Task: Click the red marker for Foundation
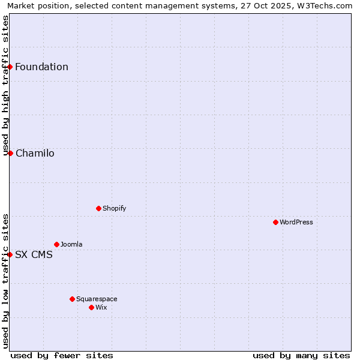pyautogui.click(x=10, y=67)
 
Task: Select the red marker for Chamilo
pyautogui.click(x=10, y=153)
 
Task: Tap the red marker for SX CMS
pyautogui.click(x=10, y=254)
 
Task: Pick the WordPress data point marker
pyautogui.click(x=275, y=222)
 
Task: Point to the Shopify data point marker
pyautogui.click(x=98, y=208)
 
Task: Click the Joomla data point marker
pyautogui.click(x=56, y=244)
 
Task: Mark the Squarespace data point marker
pyautogui.click(x=72, y=299)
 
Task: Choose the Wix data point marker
pyautogui.click(x=91, y=307)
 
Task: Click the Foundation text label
pyautogui.click(x=41, y=67)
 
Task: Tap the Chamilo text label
pyautogui.click(x=35, y=153)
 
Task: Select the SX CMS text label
pyautogui.click(x=34, y=254)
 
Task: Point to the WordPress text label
pyautogui.click(x=296, y=222)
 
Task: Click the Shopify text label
pyautogui.click(x=114, y=208)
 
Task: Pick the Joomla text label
pyautogui.click(x=71, y=244)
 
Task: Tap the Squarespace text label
pyautogui.click(x=97, y=299)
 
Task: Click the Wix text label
pyautogui.click(x=101, y=307)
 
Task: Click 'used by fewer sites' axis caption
pyautogui.click(x=62, y=355)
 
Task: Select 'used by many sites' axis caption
pyautogui.click(x=301, y=355)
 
